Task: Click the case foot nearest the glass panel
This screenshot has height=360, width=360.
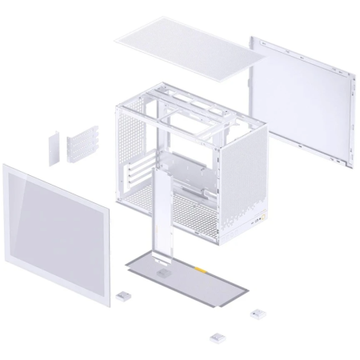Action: point(124,295)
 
